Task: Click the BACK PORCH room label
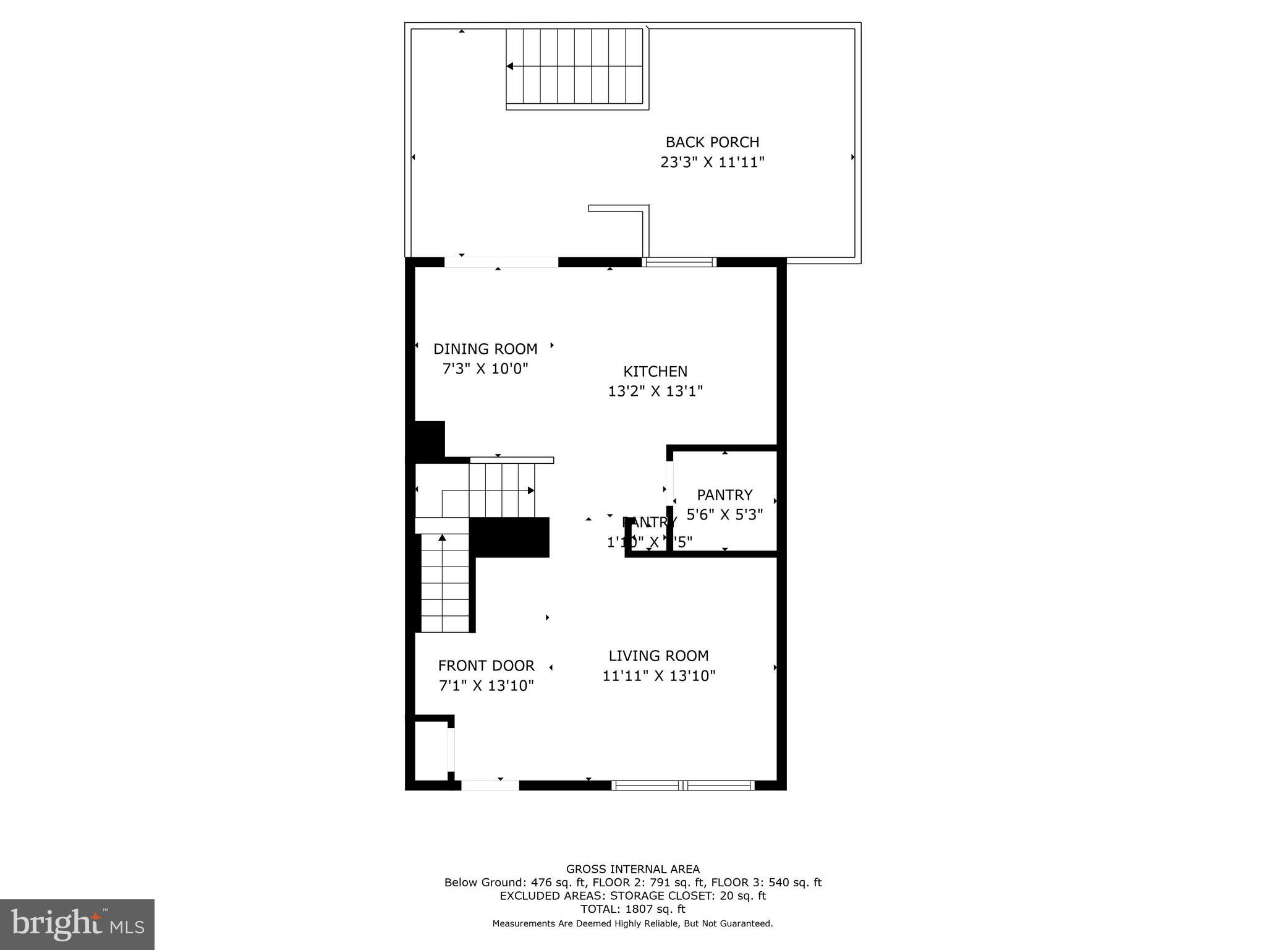(712, 142)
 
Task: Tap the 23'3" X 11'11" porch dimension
(712, 163)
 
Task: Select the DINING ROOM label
(485, 349)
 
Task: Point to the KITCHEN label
(655, 372)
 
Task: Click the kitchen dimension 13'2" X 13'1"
(655, 392)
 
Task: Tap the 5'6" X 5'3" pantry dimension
(724, 515)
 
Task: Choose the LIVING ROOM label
(658, 656)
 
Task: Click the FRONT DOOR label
(486, 665)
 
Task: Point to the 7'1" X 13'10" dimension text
(486, 686)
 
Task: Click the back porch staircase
(576, 67)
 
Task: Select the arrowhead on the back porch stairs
(510, 66)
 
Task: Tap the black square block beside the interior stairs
(509, 537)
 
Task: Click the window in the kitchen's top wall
(679, 262)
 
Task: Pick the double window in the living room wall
(683, 785)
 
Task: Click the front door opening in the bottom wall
(490, 785)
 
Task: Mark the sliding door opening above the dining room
(501, 262)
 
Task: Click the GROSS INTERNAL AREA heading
(633, 869)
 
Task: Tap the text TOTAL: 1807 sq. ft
(633, 909)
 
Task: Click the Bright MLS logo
(77, 924)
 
